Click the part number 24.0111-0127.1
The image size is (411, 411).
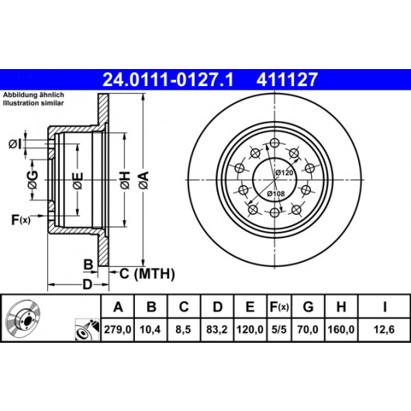168,80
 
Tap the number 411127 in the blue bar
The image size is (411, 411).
287,80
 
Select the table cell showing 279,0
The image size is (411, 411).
118,330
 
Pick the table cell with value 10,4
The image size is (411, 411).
150,330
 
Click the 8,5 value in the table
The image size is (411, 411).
183,330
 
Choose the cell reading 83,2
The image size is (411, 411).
217,330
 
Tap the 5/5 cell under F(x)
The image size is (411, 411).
279,330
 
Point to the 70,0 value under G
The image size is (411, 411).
308,330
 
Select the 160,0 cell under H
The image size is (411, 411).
341,330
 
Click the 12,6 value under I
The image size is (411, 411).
384,330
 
